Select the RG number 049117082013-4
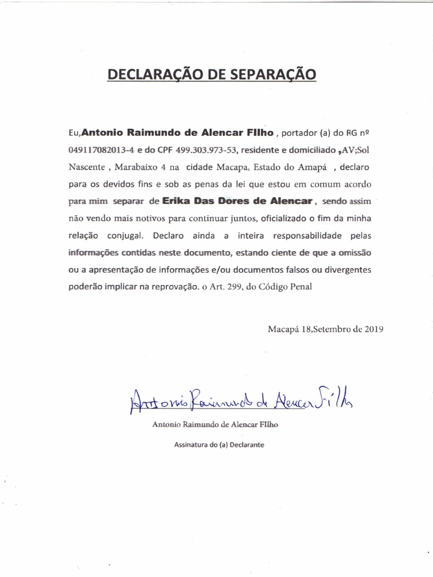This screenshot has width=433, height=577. pyautogui.click(x=100, y=150)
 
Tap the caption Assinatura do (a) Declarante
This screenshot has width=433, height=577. pyautogui.click(x=219, y=444)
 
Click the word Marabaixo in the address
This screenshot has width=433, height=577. pyautogui.click(x=142, y=167)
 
